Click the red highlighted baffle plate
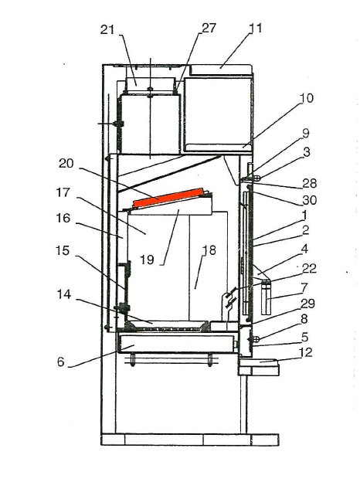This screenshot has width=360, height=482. pos(168,199)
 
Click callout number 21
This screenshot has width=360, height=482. pos(107,30)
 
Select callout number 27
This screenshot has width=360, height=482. pos(209,28)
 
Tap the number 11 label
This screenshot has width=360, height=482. pos(255,28)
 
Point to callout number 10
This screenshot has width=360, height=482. pos(306,98)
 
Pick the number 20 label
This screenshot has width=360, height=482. pos(66,163)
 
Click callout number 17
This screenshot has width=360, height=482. pos(63,193)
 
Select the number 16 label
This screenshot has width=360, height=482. pos(63,219)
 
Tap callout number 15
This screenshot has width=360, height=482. pos(63,250)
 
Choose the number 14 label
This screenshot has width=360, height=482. pos(64,294)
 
